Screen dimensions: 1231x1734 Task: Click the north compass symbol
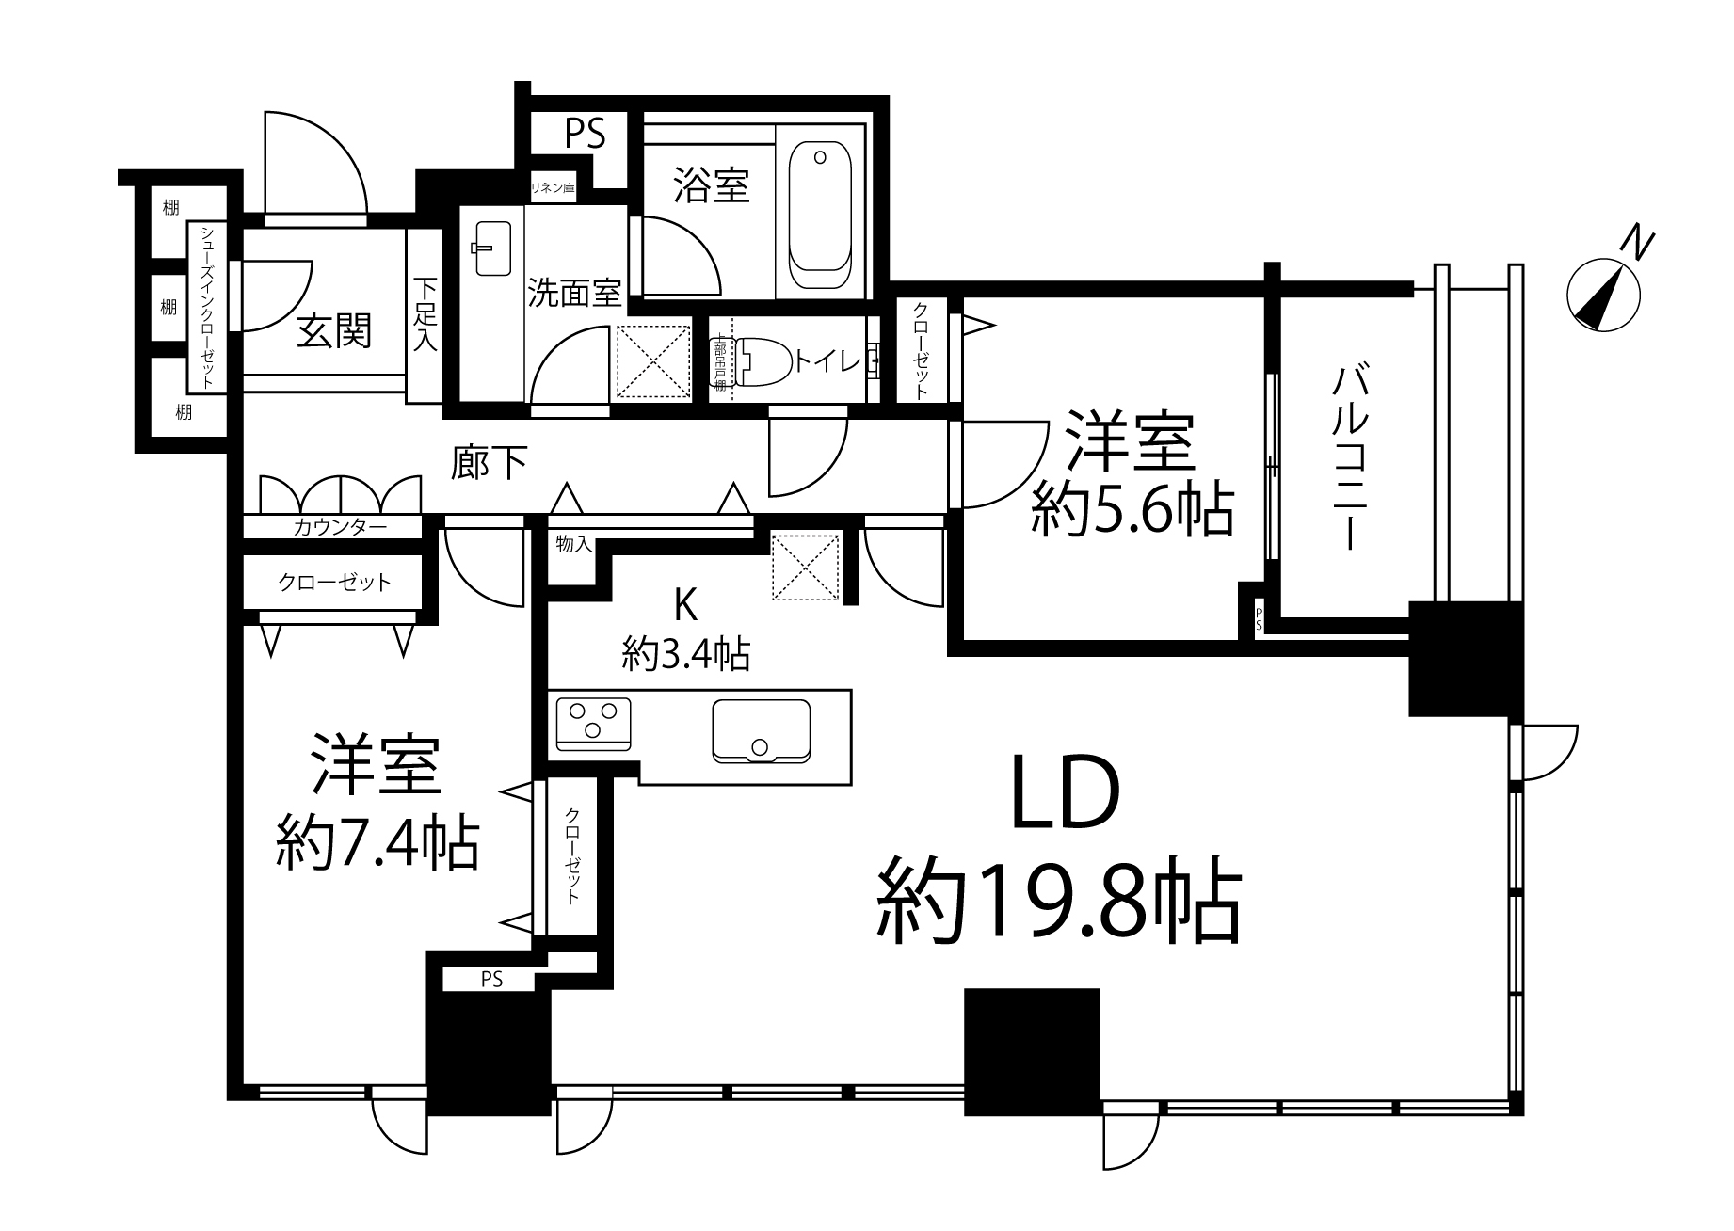pyautogui.click(x=1603, y=293)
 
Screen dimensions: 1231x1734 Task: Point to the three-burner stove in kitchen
pyautogui.click(x=594, y=723)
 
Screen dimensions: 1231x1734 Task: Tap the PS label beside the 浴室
pyautogui.click(x=584, y=134)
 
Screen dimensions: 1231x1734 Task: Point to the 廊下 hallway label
pyautogui.click(x=488, y=463)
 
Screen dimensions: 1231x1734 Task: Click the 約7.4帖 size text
pyautogui.click(x=377, y=844)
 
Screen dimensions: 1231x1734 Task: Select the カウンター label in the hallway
pyautogui.click(x=339, y=528)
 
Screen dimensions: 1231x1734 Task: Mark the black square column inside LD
pyautogui.click(x=1032, y=1051)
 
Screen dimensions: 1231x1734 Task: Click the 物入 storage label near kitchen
pyautogui.click(x=572, y=545)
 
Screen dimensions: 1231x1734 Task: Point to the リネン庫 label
pyautogui.click(x=553, y=188)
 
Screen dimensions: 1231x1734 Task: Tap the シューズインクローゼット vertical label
pyautogui.click(x=206, y=308)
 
